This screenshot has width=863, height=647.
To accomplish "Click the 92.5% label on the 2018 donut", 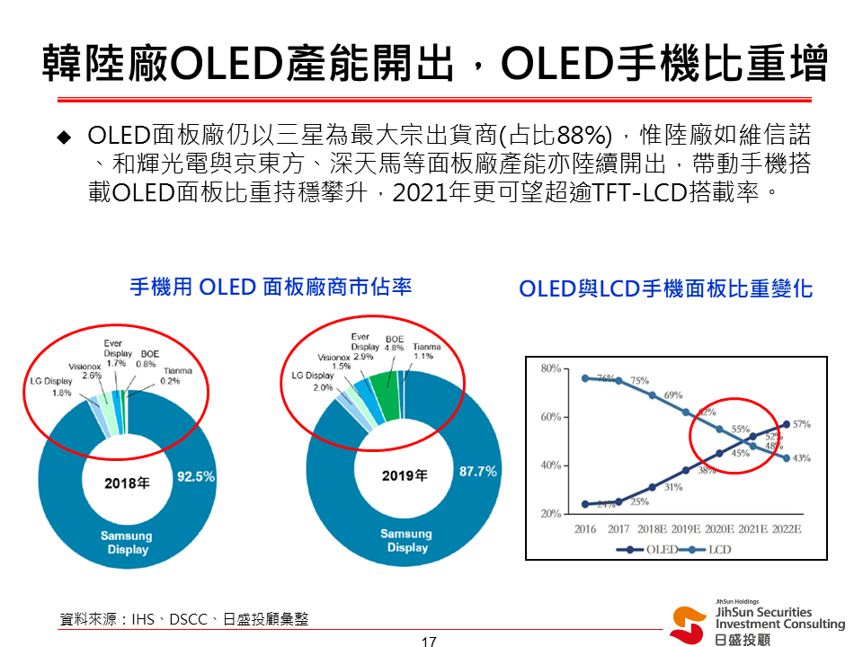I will [x=195, y=476].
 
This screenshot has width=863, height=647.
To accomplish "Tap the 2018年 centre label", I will [x=127, y=483].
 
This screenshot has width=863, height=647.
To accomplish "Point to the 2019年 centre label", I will [x=405, y=475].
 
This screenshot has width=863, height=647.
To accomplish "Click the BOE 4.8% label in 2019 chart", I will [x=394, y=342].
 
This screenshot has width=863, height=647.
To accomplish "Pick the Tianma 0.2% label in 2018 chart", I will [x=177, y=375].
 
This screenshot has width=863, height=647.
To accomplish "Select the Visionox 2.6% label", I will [x=85, y=370].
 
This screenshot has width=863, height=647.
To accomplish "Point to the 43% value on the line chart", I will [x=802, y=457].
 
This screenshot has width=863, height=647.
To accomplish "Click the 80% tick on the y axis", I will [x=551, y=368].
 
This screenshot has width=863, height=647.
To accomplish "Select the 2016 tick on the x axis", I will [x=586, y=529].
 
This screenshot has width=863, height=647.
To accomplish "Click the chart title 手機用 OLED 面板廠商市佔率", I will [x=271, y=287].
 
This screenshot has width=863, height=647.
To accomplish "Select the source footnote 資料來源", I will [x=183, y=619].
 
